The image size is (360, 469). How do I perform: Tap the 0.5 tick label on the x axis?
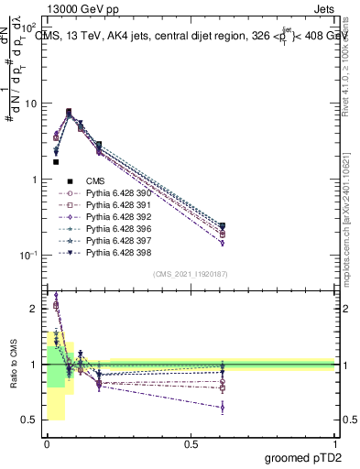(191, 443)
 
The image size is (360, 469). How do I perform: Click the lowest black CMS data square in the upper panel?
(56, 162)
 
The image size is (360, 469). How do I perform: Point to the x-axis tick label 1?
(335, 443)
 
